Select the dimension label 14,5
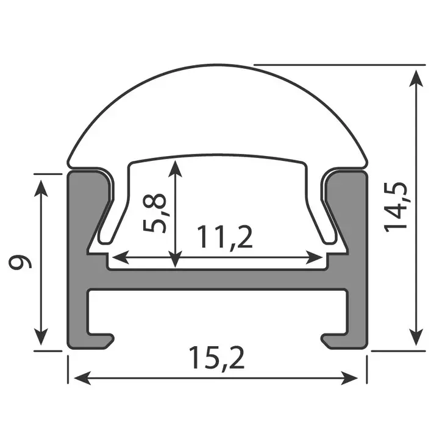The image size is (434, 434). pos(397,207)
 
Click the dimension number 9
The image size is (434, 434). pos(20,262)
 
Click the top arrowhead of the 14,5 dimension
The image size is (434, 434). pos(416,76)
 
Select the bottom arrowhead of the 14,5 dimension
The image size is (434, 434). pos(416,338)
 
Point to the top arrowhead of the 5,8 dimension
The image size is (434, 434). pos(176,166)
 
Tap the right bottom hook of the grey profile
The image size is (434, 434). pos(332,339)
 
